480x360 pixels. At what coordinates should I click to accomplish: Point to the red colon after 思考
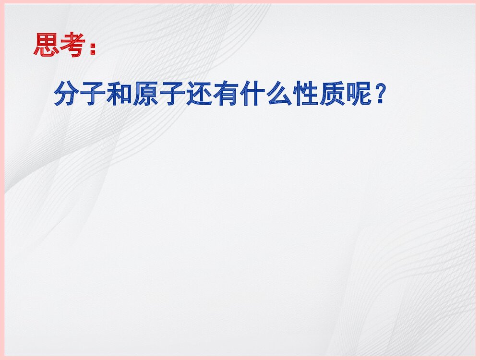pos(92,48)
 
